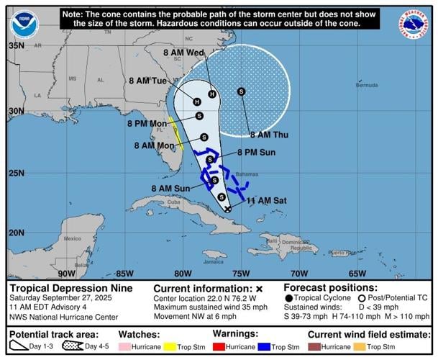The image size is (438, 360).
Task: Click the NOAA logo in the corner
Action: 24,25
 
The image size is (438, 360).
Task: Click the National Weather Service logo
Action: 413,25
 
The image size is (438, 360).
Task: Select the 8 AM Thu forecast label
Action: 269,135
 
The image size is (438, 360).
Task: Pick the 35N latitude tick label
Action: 16,45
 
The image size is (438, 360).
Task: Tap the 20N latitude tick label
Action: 16,233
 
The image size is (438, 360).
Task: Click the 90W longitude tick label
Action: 67,273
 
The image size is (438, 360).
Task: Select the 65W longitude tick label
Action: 357,273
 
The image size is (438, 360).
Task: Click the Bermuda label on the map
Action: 367,85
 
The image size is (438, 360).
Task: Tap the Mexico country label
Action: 73,238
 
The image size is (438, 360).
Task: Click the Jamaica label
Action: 193,261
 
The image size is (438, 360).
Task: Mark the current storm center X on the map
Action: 228,209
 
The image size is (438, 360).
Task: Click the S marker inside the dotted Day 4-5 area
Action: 241,91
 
